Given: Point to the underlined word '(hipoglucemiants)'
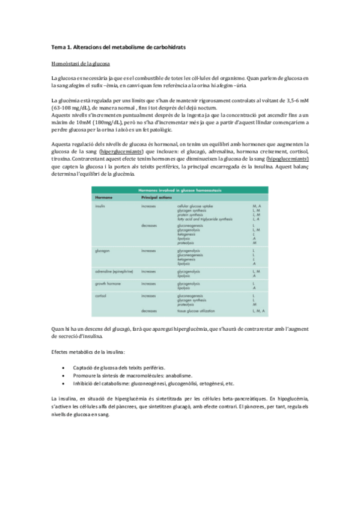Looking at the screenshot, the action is tap(285, 159).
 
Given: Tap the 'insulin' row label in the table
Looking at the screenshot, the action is tap(100, 206).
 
